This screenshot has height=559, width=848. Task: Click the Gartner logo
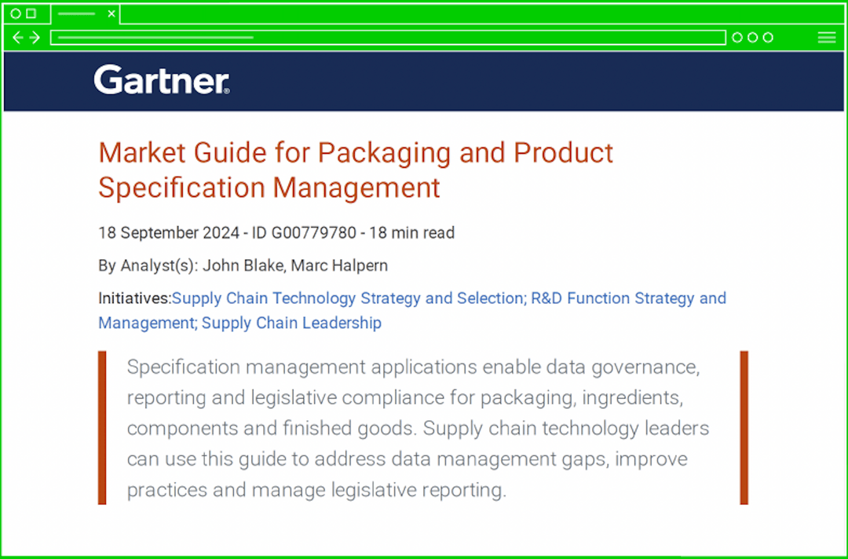[x=161, y=80]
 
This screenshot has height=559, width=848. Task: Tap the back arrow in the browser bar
[x=19, y=38]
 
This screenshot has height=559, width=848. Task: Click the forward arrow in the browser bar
[x=35, y=38]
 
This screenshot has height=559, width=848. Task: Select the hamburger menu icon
[x=826, y=38]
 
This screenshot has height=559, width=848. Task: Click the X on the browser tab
[x=111, y=13]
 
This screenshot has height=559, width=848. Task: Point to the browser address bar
[x=388, y=38]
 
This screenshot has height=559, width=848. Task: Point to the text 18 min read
[x=411, y=232]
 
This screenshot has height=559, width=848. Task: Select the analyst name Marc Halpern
[x=339, y=265]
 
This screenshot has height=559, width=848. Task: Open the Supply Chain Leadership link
[x=291, y=323]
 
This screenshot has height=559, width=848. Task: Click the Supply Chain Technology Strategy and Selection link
[x=348, y=298]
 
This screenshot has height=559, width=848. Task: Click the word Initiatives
[x=133, y=298]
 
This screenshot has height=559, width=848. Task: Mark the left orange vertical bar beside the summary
[x=102, y=427]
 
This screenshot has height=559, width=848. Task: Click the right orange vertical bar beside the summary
[x=744, y=427]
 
